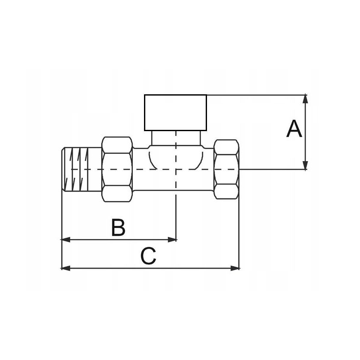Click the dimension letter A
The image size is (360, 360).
click(x=294, y=129)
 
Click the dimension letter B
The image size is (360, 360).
click(x=118, y=228)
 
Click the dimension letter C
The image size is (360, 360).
click(x=148, y=257)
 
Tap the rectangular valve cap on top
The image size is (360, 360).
click(x=175, y=112)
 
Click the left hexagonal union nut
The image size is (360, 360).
click(x=117, y=168)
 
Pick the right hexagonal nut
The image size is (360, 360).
click(x=226, y=168)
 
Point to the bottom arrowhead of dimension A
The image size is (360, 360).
click(x=305, y=165)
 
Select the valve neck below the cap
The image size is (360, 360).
click(x=176, y=138)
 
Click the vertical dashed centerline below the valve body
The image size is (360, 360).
click(x=176, y=214)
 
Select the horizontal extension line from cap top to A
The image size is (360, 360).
click(x=257, y=94)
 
